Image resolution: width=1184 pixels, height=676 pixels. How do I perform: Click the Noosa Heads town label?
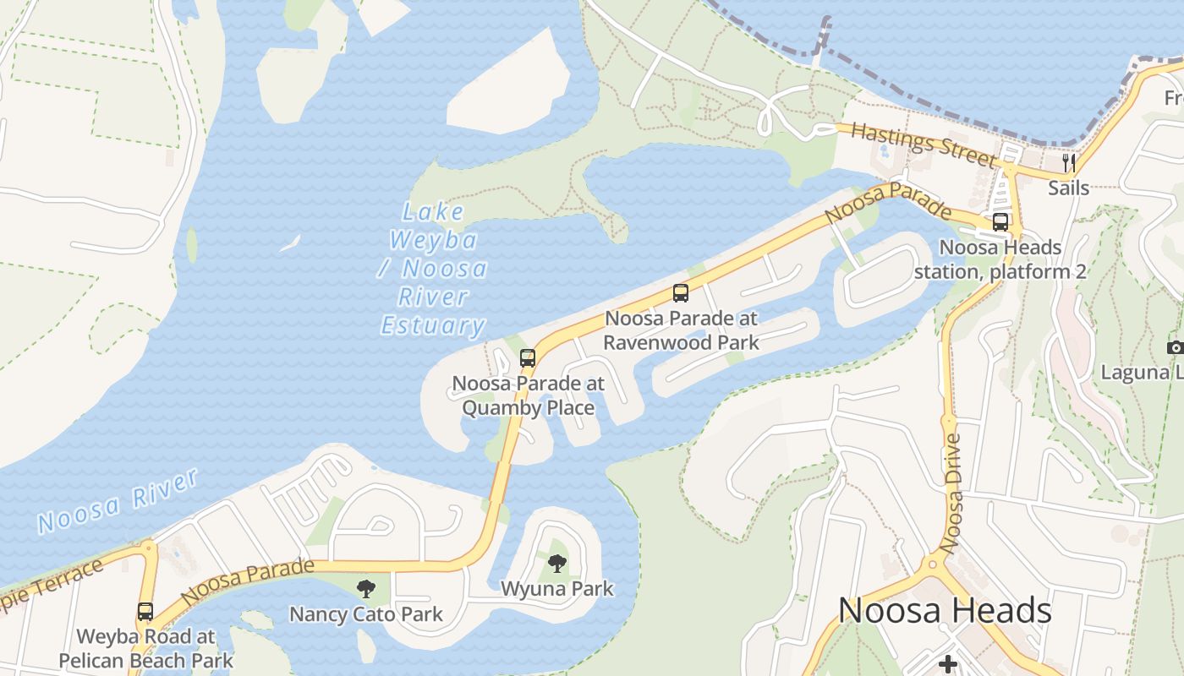point(945,610)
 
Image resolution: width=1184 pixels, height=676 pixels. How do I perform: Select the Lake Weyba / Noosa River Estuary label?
point(433,270)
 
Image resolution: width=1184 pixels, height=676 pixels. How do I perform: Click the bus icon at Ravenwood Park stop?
point(681,293)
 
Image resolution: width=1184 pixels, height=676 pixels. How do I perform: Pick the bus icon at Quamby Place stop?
point(528,358)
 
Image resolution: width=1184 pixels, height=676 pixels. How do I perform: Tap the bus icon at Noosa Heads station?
point(1000,222)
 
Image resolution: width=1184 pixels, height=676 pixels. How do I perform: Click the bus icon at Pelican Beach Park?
point(145,611)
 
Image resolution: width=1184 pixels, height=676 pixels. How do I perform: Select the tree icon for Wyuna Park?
point(556,563)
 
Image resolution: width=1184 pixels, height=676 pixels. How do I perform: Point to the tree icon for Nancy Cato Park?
point(365,588)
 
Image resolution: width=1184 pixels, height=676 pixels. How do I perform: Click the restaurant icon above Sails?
point(1069,162)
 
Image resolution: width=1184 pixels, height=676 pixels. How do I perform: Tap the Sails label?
point(1069,188)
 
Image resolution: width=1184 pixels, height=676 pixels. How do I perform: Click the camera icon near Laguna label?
point(1175,347)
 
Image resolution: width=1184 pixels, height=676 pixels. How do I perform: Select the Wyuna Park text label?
point(556,588)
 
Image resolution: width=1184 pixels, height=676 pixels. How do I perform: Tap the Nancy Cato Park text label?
point(365,613)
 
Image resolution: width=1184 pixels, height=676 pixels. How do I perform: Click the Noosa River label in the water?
point(118,501)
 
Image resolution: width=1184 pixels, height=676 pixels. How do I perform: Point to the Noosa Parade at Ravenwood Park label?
point(681,330)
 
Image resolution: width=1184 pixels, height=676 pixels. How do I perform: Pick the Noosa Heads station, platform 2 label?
point(1000,259)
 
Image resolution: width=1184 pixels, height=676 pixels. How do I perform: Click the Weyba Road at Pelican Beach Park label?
point(145,647)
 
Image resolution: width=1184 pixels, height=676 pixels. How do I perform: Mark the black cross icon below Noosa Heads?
point(948,665)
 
